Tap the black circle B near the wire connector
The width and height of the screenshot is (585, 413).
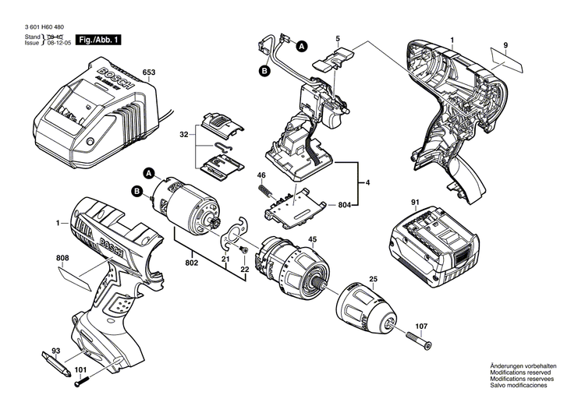click(x=264, y=71)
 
